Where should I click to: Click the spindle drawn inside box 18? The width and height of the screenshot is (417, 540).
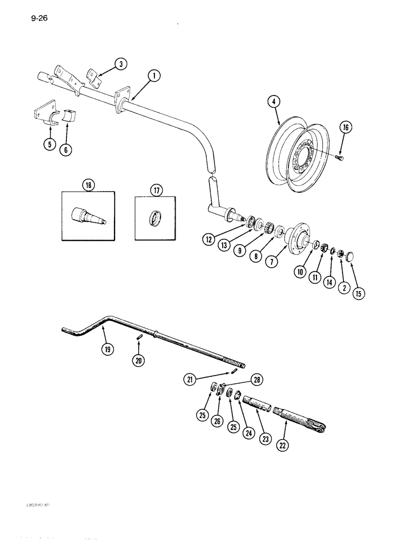[x=88, y=215]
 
